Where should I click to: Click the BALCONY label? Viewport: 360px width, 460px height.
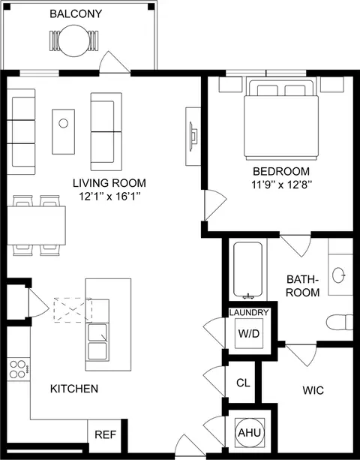[76, 14]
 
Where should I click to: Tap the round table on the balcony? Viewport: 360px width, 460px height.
[73, 41]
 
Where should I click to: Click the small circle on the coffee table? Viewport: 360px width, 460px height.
[63, 123]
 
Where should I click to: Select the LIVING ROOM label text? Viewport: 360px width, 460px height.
[109, 183]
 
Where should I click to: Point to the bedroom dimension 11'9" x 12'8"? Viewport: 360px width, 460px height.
[281, 185]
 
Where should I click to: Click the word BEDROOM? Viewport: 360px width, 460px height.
[281, 171]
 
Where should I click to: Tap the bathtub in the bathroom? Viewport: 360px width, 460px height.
[248, 269]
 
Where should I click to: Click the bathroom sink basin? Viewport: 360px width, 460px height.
[338, 275]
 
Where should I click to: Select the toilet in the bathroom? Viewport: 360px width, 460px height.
[340, 322]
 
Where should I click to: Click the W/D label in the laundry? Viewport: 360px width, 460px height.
[249, 334]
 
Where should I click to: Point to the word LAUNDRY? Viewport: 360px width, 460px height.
[249, 312]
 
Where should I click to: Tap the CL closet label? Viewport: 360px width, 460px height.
[243, 383]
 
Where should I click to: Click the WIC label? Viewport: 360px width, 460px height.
[313, 390]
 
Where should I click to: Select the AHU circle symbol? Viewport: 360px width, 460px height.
[250, 433]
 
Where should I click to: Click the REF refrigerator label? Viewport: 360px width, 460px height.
[106, 434]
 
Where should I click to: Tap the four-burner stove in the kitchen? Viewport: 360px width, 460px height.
[19, 369]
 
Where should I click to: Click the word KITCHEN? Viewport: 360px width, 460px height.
[74, 389]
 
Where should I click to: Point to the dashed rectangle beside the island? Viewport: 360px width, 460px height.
[73, 310]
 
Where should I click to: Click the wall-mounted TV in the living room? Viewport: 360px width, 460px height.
[193, 137]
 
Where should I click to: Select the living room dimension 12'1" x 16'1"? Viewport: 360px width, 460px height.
[109, 197]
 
